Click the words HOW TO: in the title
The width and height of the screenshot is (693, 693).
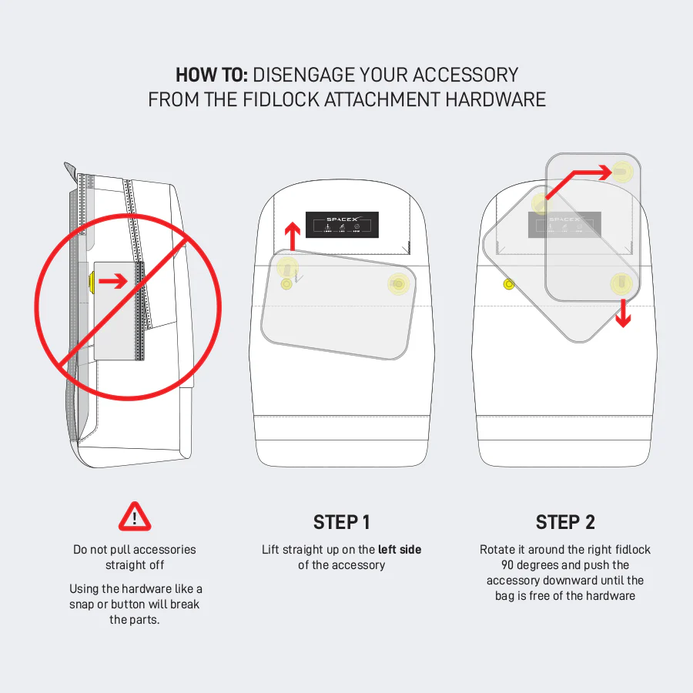click(211, 75)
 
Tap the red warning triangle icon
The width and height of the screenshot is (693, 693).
click(135, 517)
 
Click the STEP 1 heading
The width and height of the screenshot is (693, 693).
click(342, 522)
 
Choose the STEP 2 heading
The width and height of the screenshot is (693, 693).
click(565, 522)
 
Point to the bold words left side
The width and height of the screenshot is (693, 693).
click(400, 550)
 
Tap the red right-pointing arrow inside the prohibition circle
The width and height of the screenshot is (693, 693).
click(113, 282)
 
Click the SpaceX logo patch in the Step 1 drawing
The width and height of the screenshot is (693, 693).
click(342, 224)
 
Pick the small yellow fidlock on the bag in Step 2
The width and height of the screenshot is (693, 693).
click(508, 286)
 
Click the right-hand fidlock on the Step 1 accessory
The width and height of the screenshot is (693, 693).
click(398, 284)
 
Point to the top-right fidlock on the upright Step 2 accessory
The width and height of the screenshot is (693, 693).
click(623, 170)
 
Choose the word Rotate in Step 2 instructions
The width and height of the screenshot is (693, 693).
click(498, 550)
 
